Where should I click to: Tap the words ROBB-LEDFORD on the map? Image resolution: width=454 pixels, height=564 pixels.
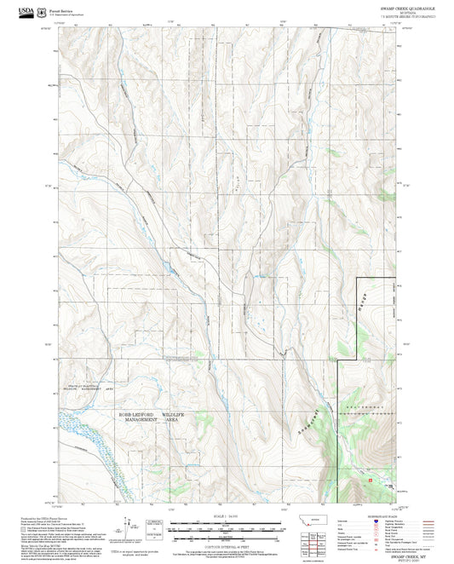click(141, 413)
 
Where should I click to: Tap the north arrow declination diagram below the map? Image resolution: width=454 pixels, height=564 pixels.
click(128, 526)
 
